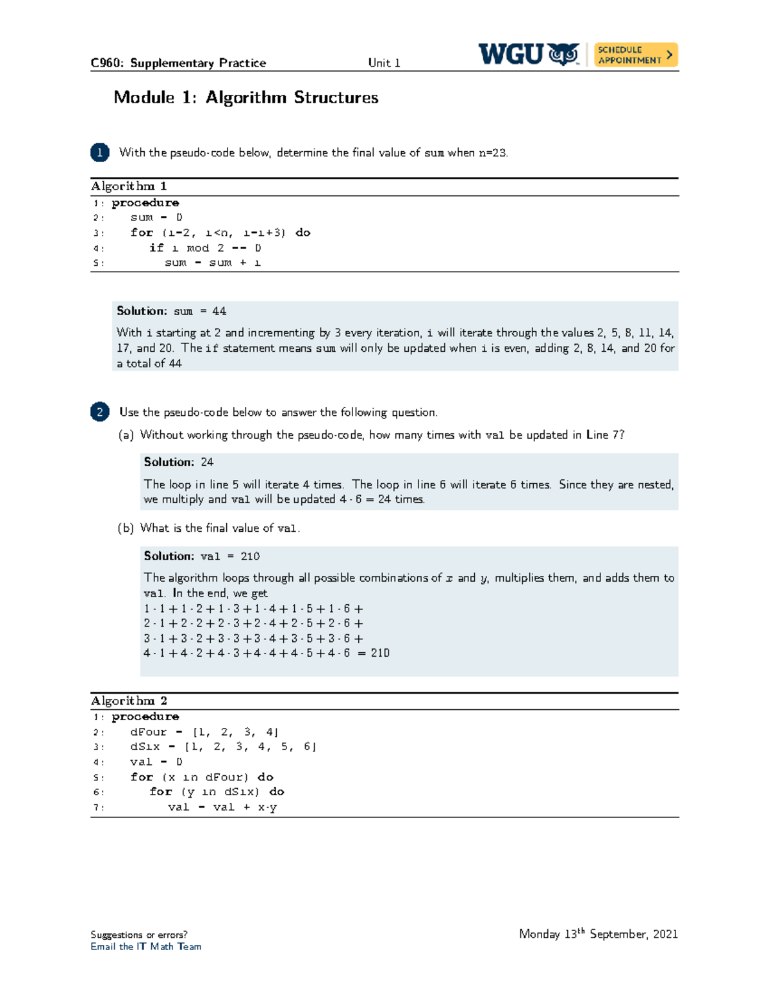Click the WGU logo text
511,54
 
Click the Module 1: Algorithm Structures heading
245,97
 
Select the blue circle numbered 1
100,152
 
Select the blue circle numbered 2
100,411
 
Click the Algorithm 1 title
129,186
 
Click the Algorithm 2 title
129,701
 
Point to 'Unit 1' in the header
384,63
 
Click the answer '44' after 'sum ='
219,311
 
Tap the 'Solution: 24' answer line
179,462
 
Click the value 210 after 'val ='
250,556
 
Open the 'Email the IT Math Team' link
145,946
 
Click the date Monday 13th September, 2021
598,934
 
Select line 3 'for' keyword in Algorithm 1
142,233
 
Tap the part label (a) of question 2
126,435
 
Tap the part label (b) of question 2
126,528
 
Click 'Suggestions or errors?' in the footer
139,935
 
